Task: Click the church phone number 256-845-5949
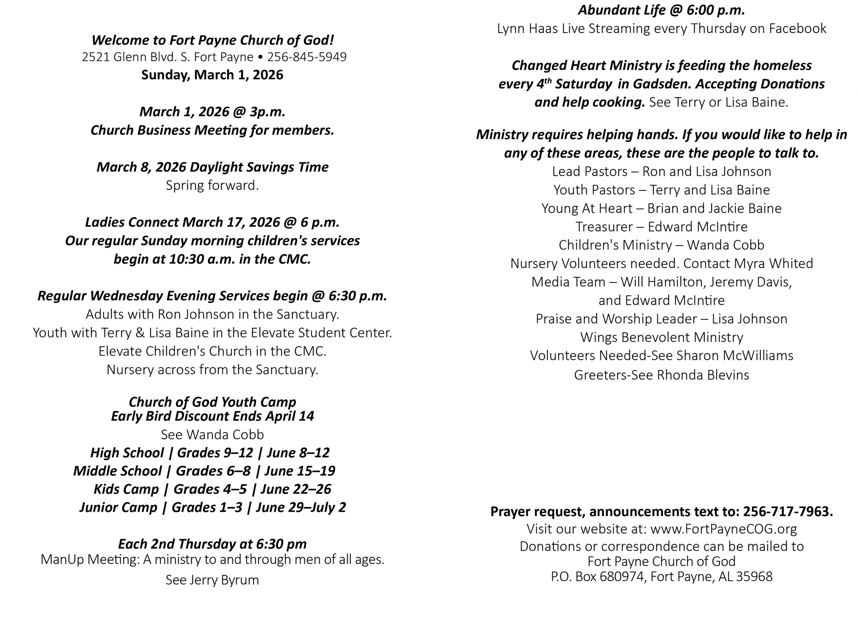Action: [x=307, y=57]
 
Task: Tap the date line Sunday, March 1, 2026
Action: [x=212, y=75]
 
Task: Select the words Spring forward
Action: [x=212, y=185]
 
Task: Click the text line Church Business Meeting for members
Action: [x=212, y=130]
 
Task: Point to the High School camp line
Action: [x=210, y=453]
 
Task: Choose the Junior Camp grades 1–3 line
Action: [x=212, y=507]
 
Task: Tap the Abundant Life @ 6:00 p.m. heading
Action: [x=661, y=10]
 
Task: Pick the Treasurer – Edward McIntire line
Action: [x=661, y=227]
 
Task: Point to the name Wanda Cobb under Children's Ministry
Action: [x=725, y=245]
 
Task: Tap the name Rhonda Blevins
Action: [x=703, y=375]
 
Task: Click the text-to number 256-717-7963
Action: [x=787, y=512]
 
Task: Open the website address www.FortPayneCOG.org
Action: [x=723, y=529]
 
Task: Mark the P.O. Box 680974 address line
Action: [x=661, y=576]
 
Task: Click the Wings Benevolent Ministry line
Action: [x=661, y=337]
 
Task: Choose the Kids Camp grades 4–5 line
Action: [x=212, y=489]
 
